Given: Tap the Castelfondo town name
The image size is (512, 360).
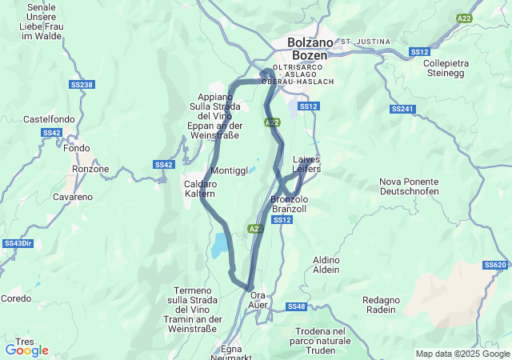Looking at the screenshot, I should click(x=49, y=118).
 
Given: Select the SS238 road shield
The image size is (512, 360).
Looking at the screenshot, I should click(x=82, y=85).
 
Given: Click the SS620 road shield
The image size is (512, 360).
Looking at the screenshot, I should click(x=495, y=265).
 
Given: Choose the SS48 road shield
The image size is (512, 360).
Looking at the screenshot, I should click(x=296, y=306).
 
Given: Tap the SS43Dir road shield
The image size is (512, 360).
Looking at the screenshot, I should click(x=17, y=243).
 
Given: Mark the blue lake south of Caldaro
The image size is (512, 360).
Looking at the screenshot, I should click(x=218, y=246).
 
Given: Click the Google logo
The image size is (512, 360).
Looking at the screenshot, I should click(x=26, y=350).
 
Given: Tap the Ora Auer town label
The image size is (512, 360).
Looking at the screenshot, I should click(x=258, y=301).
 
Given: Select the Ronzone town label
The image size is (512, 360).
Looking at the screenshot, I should click(x=90, y=169).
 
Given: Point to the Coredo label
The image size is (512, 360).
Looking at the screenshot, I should click(x=16, y=298).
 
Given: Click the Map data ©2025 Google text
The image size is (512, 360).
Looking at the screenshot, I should click(x=462, y=354).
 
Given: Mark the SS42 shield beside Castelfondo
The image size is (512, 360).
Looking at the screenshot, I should click(x=51, y=133).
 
